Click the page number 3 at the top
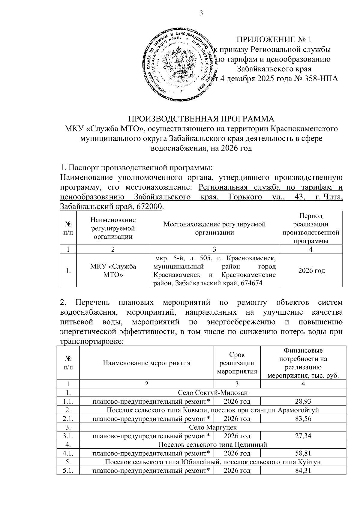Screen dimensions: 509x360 point(201,13)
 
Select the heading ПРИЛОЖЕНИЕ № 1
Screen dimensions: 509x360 point(274,40)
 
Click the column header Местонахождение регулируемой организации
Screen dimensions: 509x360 point(214,228)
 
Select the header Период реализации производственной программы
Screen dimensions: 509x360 point(311,228)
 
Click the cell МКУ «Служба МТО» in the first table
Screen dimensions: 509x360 point(113,271)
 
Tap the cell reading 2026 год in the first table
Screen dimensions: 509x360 point(311,271)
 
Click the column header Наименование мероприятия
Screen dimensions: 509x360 point(146,363)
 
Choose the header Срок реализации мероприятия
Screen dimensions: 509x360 point(237,363)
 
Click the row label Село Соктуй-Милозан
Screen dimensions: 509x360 point(213,393)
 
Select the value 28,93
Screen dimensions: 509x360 point(303,401)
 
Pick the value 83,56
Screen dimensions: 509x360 point(303,418)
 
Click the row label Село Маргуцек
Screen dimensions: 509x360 point(213,427)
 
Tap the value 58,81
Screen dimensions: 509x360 point(303,453)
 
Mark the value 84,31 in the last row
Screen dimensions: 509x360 point(303,471)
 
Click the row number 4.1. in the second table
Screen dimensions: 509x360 point(68,453)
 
